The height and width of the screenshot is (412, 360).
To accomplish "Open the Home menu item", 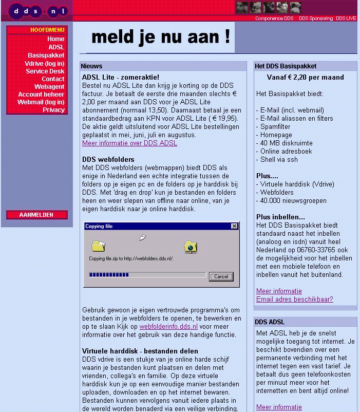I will click(55, 39).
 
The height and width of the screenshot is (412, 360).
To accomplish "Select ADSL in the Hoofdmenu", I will click(56, 47).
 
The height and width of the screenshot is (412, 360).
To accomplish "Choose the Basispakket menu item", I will click(46, 55).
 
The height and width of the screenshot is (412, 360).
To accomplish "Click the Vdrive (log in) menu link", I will click(44, 63).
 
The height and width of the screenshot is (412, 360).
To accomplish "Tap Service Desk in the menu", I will click(45, 71).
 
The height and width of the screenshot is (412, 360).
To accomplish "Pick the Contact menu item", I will click(53, 79).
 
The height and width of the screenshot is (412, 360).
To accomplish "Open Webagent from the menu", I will click(49, 87).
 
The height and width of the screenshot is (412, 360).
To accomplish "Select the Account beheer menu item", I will click(41, 95).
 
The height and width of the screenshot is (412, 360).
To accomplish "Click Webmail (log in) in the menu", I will click(41, 102).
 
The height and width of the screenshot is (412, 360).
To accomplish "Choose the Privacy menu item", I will click(53, 110).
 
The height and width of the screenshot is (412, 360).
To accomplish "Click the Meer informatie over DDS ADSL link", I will click(129, 143).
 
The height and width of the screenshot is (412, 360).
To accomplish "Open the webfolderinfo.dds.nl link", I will click(168, 326).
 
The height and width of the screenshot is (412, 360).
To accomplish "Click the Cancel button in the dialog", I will click(221, 276).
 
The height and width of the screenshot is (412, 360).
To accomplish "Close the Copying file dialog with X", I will click(235, 226).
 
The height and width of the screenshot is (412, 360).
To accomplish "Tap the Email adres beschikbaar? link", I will click(294, 299).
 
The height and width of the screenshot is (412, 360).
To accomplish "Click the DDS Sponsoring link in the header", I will click(316, 18).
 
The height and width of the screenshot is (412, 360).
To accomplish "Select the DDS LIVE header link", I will click(346, 18).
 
